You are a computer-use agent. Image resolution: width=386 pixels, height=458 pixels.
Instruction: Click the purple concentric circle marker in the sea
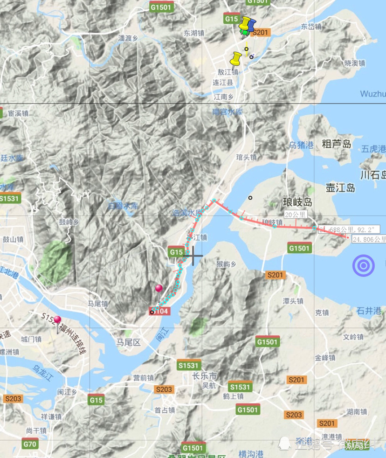pos(364,266)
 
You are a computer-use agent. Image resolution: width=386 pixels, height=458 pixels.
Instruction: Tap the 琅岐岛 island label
pos(297,202)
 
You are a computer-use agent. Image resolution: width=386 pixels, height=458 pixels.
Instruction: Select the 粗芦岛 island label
pos(337,144)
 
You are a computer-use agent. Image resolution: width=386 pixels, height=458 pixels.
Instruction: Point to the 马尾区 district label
pos(128,342)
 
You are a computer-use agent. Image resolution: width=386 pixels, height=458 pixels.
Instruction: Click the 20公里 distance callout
pos(295,215)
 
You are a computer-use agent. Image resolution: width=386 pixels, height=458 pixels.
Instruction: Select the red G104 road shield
pos(160,311)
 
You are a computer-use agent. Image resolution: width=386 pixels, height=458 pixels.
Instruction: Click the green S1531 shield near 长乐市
pos(188,366)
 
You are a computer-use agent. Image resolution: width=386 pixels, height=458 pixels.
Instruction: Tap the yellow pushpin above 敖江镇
pos(236,59)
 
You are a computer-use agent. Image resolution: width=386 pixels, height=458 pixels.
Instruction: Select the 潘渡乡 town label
pos(129,38)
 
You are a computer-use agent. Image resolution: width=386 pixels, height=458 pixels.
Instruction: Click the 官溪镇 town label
pos(18,113)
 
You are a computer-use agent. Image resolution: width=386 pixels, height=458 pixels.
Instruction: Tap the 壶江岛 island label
pos(340,188)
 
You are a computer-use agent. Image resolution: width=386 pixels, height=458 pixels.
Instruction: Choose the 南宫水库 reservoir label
pos(227,112)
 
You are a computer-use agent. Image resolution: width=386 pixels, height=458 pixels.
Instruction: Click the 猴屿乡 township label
pos(227,264)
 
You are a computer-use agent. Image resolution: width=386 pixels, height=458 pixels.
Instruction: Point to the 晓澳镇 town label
pos(354,63)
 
